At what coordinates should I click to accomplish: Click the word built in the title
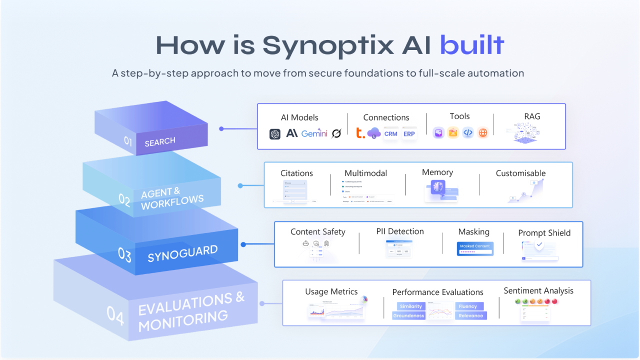tap(471, 45)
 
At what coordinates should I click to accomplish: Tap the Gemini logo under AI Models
tap(314, 133)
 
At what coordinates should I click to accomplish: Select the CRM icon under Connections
tap(390, 134)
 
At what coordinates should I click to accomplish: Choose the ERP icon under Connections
tap(409, 134)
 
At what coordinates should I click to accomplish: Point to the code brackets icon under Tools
tap(468, 132)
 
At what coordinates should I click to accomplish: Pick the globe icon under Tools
tap(482, 132)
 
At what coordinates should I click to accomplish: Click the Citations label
tap(296, 173)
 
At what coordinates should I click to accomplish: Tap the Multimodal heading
tap(365, 173)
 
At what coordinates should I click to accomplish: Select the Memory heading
tap(437, 172)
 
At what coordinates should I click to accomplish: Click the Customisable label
tap(520, 173)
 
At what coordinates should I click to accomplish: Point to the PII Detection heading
tap(400, 231)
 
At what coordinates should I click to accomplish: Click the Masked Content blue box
tap(475, 248)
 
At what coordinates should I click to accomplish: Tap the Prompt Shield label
tap(544, 233)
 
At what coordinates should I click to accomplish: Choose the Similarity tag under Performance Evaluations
tap(411, 306)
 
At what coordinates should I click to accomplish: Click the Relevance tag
tap(470, 315)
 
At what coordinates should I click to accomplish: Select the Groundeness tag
tap(409, 315)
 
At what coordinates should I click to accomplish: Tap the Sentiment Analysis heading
tap(538, 291)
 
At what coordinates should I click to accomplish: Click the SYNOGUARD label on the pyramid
tap(182, 254)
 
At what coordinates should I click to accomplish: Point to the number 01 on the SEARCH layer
tap(128, 141)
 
